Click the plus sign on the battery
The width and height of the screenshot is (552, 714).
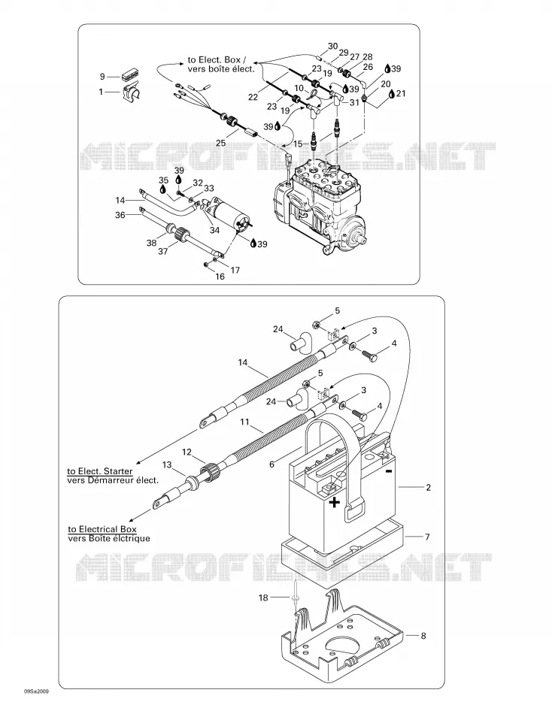(335, 502)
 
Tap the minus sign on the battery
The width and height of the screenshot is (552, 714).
(388, 471)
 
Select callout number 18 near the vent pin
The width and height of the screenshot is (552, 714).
(263, 597)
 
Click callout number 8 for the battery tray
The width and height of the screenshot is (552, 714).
(423, 635)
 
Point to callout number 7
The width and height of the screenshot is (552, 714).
(427, 537)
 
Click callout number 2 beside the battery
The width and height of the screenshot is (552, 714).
(428, 487)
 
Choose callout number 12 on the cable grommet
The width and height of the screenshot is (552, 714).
(187, 452)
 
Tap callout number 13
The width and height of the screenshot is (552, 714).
(167, 464)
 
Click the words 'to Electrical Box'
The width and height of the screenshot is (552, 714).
(102, 529)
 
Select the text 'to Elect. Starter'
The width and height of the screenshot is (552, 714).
(100, 470)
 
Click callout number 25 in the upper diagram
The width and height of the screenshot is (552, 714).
(220, 143)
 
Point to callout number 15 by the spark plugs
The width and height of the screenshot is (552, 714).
(298, 144)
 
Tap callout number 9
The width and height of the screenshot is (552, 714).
(102, 76)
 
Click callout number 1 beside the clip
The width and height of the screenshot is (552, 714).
(102, 92)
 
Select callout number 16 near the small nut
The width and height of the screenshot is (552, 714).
(220, 277)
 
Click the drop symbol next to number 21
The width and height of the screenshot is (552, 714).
(393, 93)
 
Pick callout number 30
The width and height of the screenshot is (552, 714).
(332, 46)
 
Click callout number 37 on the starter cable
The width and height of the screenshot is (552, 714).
(162, 251)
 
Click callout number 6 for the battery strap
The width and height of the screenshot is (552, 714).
(272, 464)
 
